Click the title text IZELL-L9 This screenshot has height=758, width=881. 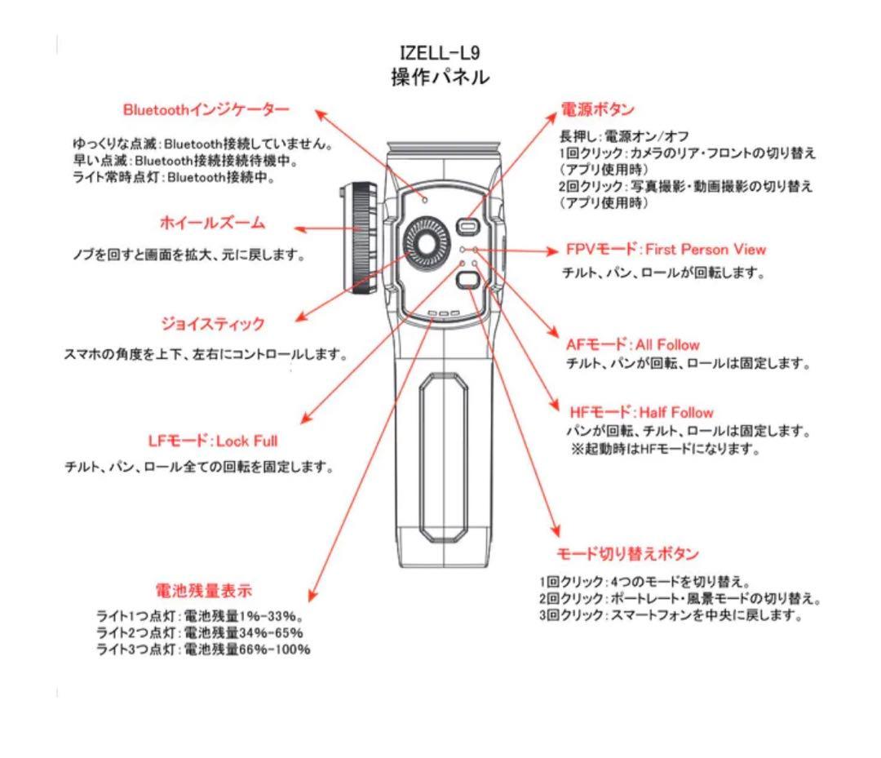[440, 53]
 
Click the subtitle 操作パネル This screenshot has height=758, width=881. [440, 78]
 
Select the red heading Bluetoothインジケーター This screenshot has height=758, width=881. [206, 110]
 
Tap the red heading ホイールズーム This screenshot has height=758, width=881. [211, 223]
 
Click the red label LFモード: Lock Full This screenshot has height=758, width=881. [212, 441]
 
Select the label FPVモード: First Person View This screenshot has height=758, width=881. [666, 249]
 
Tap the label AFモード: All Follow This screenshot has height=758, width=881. [632, 344]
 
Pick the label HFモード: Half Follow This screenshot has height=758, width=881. [641, 412]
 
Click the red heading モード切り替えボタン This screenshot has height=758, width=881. [627, 554]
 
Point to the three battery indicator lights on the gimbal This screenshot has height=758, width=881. [440, 313]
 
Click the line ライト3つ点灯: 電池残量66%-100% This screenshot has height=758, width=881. [203, 649]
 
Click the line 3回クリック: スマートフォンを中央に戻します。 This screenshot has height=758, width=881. [670, 615]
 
